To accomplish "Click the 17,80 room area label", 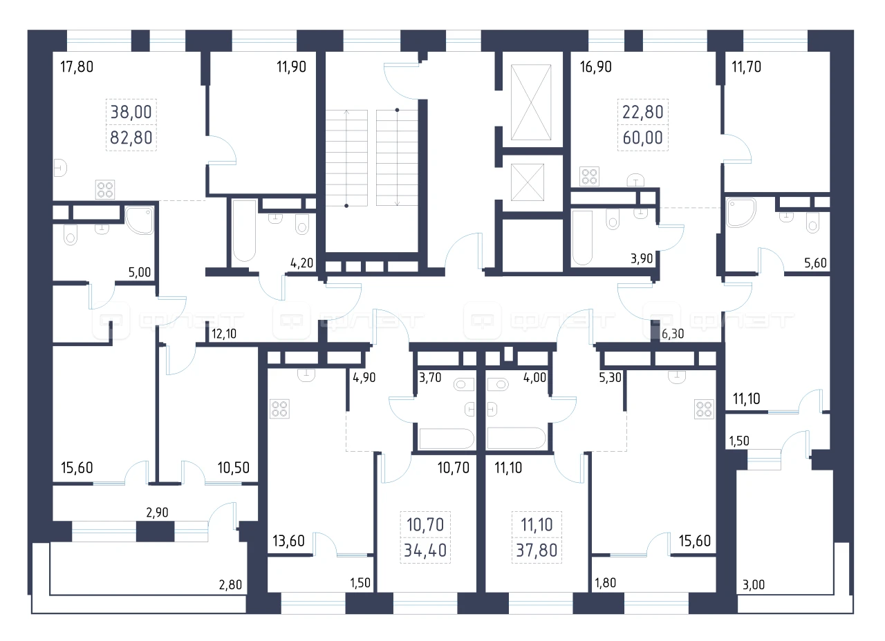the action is (77, 67).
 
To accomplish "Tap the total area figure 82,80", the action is (131, 137).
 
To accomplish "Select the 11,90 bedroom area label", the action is (291, 67).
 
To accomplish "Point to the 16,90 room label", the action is (595, 67).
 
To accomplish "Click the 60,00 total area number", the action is (643, 137).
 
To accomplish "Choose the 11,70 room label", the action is (746, 67).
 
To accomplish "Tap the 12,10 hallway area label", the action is (224, 334).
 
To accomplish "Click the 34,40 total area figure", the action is (425, 550).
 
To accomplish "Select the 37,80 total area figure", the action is (537, 550).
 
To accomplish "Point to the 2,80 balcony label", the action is (230, 584).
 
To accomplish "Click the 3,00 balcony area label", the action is (754, 584).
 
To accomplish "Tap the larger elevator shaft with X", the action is (531, 102).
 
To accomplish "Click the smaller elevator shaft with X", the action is (528, 182).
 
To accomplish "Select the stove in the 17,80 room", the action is (105, 189).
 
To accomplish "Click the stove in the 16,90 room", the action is (589, 176).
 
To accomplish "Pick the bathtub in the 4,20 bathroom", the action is (244, 231).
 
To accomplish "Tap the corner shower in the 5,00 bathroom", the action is (140, 220).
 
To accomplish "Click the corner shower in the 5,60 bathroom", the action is (741, 213).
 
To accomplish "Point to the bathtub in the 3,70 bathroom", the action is (447, 439).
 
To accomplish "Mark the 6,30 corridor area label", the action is (673, 334).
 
